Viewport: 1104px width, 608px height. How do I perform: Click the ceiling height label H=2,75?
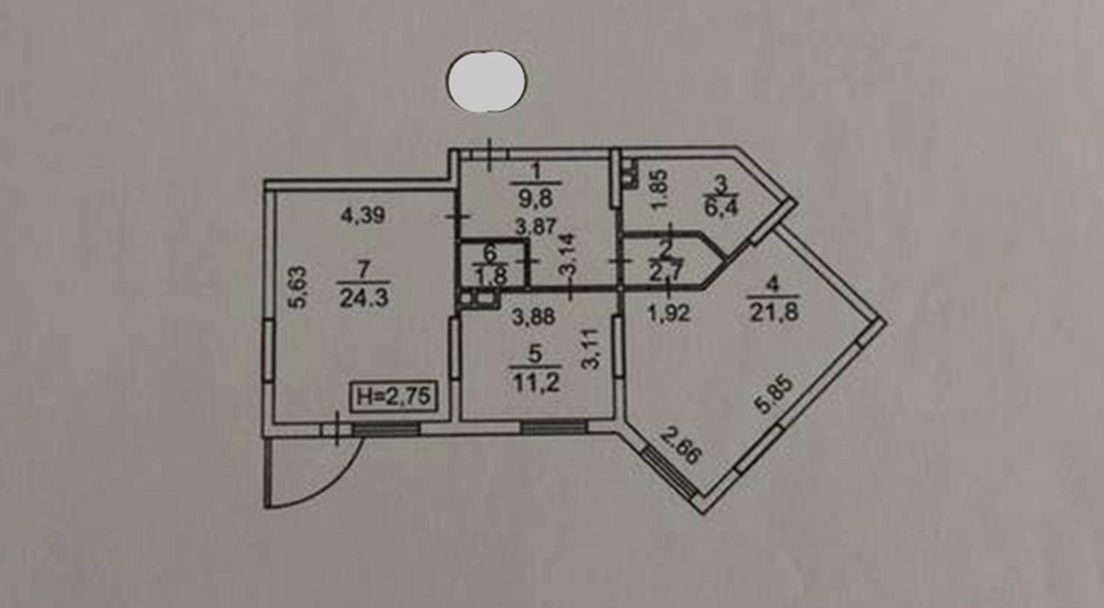[393, 396]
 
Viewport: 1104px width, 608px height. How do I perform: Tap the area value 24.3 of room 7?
[365, 298]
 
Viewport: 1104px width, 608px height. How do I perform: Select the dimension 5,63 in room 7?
[298, 288]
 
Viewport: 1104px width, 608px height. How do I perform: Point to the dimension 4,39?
[363, 216]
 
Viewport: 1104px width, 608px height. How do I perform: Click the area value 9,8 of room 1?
[535, 199]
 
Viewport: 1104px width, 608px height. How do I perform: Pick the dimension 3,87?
[535, 227]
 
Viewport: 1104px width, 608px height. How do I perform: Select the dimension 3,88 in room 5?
[533, 317]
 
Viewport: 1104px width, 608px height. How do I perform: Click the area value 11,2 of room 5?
[536, 383]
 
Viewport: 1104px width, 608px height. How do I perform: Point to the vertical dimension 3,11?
[591, 349]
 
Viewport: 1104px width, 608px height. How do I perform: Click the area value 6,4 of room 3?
[720, 207]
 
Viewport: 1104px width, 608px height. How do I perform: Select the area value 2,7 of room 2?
[666, 272]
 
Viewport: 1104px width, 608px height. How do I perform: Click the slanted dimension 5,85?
[777, 395]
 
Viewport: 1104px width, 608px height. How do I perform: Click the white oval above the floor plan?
[486, 82]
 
